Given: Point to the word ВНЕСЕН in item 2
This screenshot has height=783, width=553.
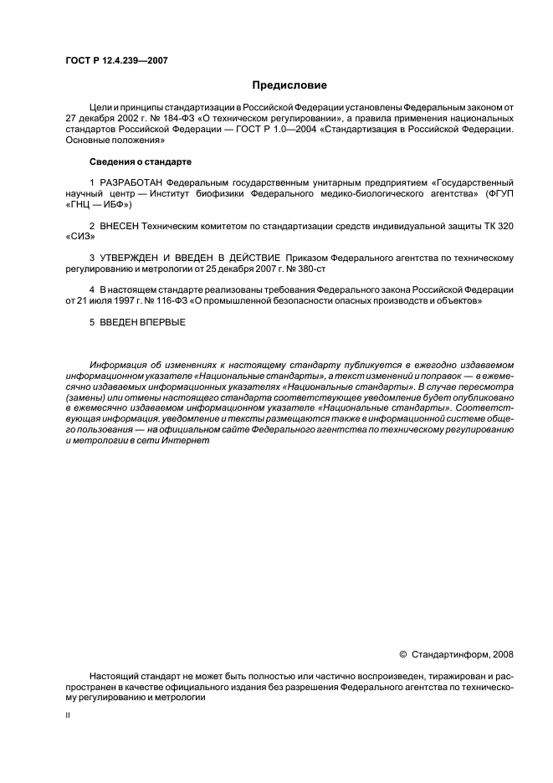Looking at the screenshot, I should coord(121,225).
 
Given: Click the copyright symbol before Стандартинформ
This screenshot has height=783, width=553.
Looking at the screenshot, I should coord(402,654).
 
